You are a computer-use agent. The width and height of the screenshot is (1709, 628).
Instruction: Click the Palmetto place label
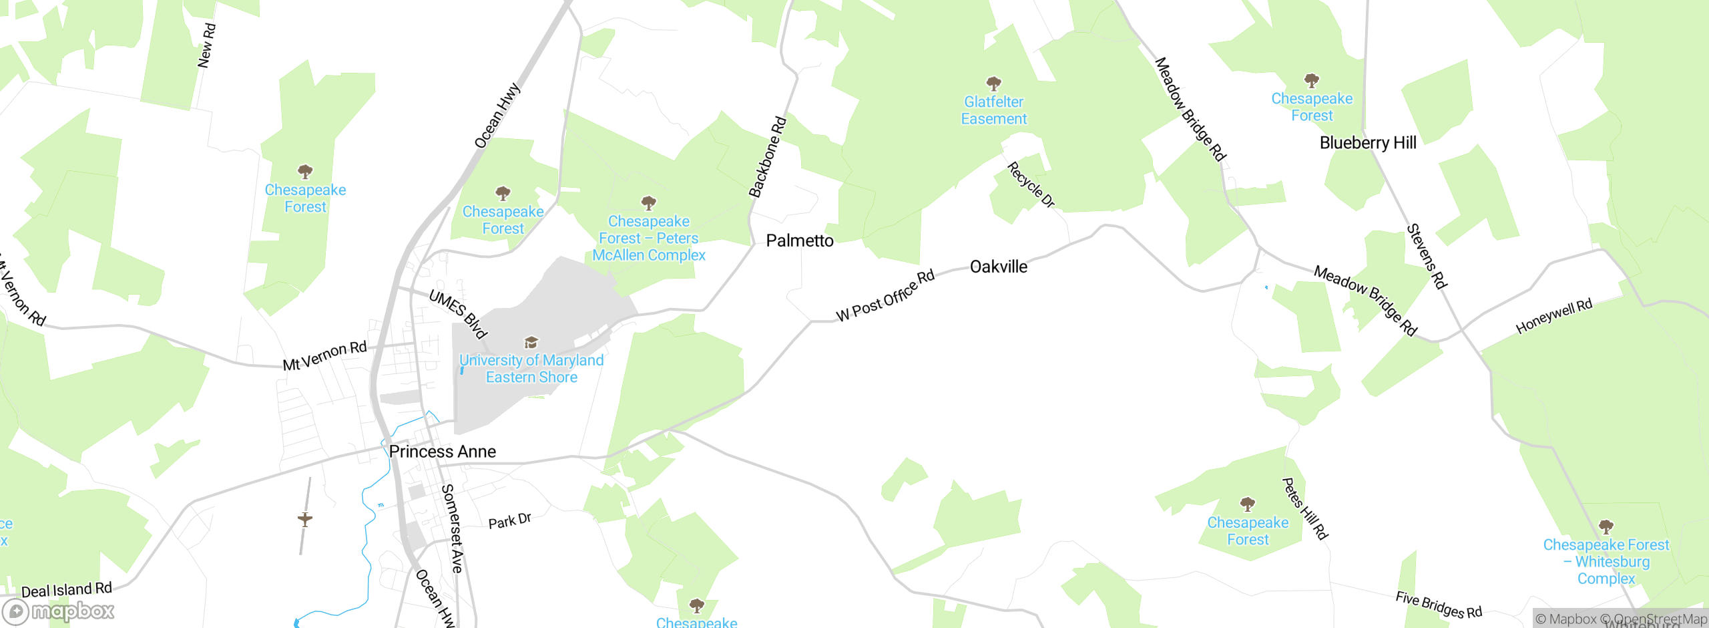pos(800,241)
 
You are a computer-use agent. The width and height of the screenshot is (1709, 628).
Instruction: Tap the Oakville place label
pos(998,267)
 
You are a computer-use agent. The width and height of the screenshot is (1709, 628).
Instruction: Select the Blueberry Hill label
pos(1368,143)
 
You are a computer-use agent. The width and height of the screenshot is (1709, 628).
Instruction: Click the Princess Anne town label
pos(442,452)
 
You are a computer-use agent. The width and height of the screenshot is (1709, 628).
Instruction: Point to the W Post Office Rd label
pos(885,296)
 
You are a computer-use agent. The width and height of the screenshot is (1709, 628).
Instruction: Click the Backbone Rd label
pos(768,158)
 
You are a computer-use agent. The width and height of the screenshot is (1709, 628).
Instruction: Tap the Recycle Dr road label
pos(1031,184)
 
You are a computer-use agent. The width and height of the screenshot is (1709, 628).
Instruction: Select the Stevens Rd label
pos(1427,257)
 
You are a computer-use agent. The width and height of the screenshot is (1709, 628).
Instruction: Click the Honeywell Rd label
pos(1553,316)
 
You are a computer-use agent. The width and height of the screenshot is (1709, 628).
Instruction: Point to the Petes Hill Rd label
pos(1305,508)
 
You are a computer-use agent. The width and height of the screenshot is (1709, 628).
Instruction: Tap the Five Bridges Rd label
pos(1439,605)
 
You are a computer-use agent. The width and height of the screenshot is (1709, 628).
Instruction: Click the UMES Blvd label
pos(458,314)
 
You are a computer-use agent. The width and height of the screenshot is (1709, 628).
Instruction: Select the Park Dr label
pos(509,520)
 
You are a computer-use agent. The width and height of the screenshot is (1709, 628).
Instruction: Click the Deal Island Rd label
pos(67,590)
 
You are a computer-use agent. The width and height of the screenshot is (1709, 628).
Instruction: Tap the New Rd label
pos(207,45)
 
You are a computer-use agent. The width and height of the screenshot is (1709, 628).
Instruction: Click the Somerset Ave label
pos(452,528)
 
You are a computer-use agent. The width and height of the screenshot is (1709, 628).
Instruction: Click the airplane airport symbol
pos(305,519)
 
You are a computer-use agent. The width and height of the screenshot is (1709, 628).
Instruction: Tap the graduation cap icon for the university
pos(531,343)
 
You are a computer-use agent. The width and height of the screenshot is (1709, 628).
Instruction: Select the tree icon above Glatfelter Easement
pos(993,84)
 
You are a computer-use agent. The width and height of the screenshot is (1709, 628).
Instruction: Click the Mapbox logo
pos(59,611)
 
